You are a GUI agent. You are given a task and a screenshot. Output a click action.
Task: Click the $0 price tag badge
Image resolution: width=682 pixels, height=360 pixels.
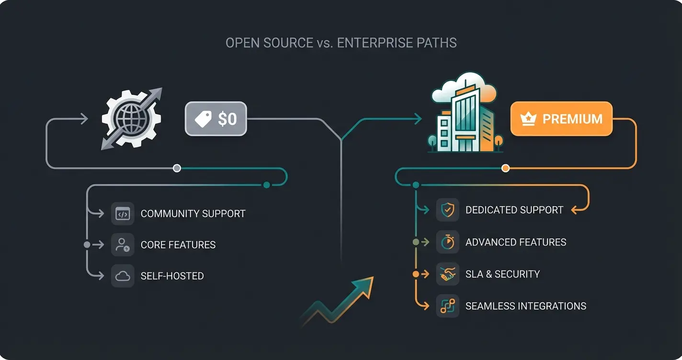coord(216,118)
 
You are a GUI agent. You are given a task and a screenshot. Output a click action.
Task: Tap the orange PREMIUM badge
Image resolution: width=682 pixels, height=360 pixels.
coord(561,119)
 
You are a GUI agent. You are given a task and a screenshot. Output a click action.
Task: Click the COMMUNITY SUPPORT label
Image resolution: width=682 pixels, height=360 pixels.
coord(193,214)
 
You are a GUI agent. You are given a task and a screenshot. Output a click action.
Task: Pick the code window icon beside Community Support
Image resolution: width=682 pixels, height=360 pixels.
coord(123,214)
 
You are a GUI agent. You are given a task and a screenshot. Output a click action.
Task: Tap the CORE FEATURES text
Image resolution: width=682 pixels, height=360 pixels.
coord(178,245)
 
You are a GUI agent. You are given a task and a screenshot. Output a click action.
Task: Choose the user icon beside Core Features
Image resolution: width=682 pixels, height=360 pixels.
coord(123,245)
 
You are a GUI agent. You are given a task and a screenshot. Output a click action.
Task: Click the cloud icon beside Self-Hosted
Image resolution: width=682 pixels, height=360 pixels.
coord(123,276)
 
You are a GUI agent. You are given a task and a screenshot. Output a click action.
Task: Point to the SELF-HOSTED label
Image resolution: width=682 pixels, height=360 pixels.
coord(172,276)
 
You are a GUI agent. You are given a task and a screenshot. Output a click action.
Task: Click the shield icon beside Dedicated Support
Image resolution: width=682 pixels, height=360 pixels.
coord(447,210)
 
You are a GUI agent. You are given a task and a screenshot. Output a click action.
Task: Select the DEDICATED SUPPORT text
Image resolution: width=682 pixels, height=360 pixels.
coord(514,210)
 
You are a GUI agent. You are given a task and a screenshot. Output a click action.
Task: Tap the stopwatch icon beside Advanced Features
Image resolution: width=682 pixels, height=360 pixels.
coord(447,242)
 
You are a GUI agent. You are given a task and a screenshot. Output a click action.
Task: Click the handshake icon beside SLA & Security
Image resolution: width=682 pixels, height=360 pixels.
coord(447,274)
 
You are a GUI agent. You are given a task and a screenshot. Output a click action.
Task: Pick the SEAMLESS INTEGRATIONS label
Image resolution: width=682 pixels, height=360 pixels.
coord(525,306)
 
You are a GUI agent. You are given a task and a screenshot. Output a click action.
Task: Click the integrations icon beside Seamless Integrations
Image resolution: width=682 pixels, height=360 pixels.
coord(447,306)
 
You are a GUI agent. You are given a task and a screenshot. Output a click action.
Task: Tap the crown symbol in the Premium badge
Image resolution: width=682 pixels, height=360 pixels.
coord(528,119)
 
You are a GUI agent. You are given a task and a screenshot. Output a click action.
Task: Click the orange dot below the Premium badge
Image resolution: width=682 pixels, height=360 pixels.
coord(505,168)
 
